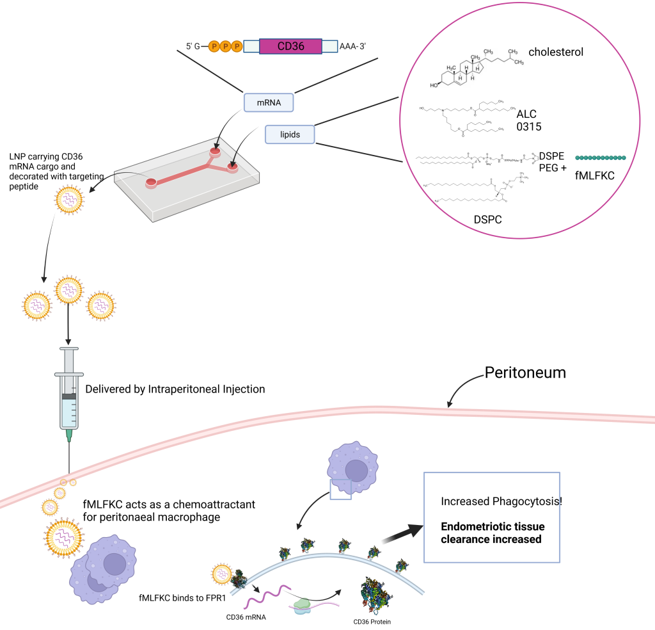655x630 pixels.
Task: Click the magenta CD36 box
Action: [x=290, y=46]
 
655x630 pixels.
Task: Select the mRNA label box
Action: [x=269, y=102]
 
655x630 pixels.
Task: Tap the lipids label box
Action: [x=290, y=134]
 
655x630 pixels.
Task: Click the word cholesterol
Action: [x=555, y=52]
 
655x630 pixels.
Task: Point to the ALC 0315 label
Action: [x=529, y=120]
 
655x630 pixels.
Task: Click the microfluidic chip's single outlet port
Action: [x=151, y=183]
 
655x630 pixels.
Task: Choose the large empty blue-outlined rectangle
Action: [x=492, y=517]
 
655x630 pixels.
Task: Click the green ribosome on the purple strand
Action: [x=303, y=605]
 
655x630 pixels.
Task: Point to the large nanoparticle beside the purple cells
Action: [x=65, y=535]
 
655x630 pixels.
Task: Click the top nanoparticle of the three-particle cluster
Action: [x=68, y=290]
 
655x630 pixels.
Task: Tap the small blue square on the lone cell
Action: [x=340, y=489]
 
